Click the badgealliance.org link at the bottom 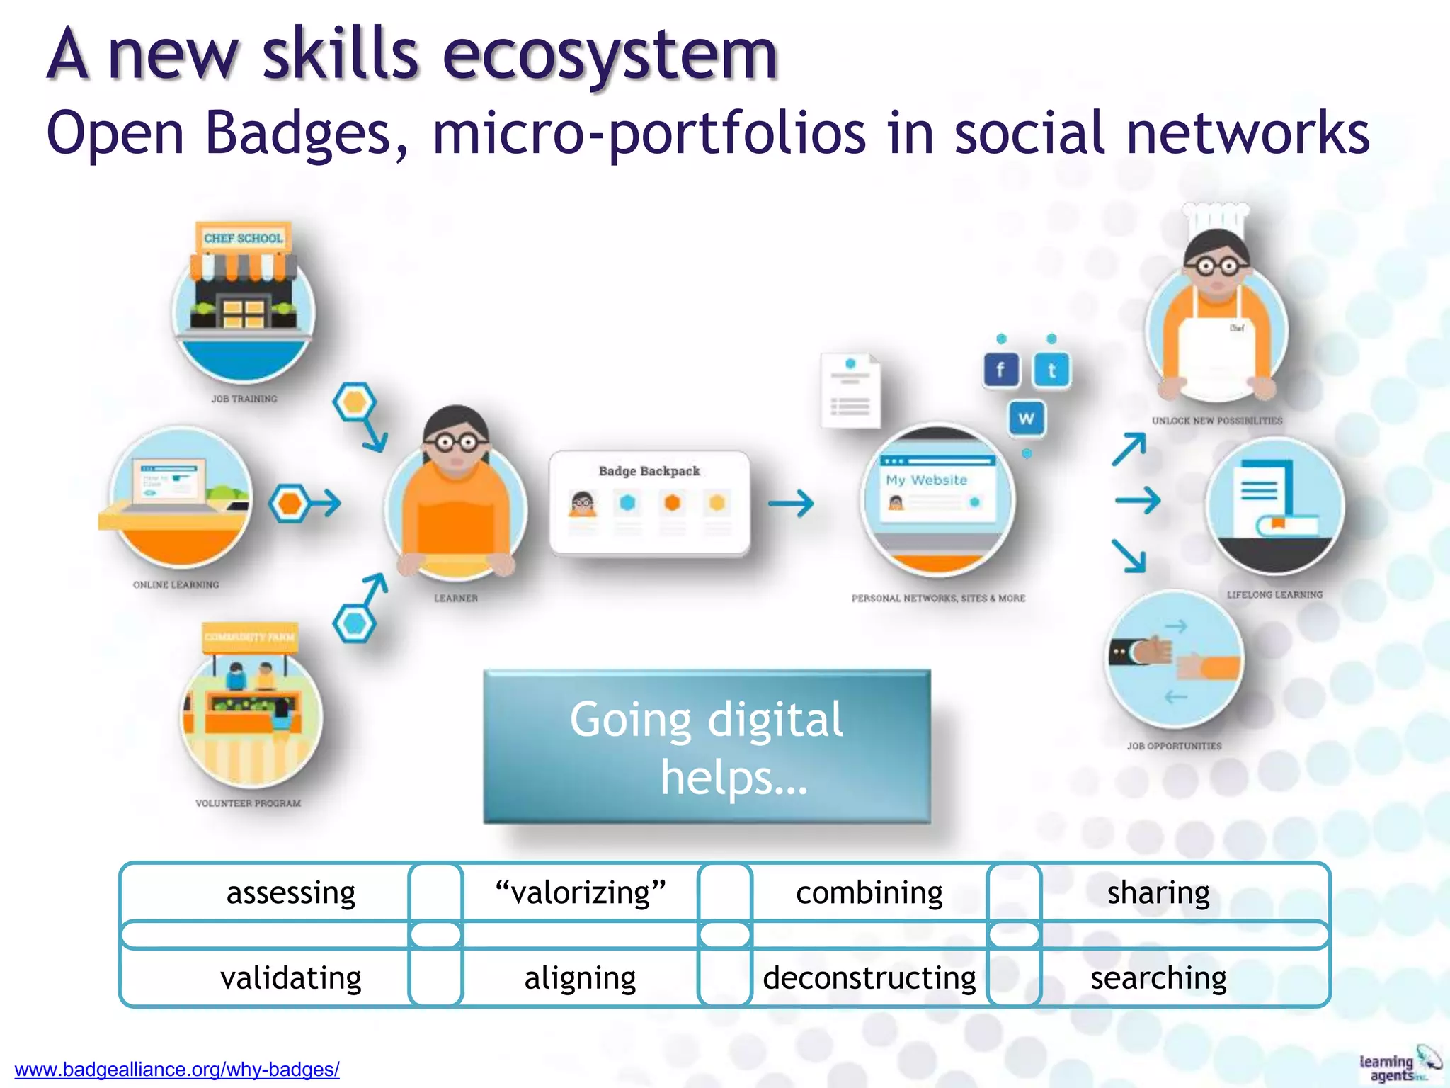point(177,1069)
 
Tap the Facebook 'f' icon point(1000,370)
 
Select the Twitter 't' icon point(1051,370)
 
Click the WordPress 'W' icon point(1026,419)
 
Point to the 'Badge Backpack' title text point(649,471)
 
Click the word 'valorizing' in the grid point(581,892)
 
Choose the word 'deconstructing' point(869,978)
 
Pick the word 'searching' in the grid point(1158,978)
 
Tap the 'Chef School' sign point(244,238)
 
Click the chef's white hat point(1216,218)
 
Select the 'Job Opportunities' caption point(1174,746)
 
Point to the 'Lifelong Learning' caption point(1274,595)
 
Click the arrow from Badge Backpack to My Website point(791,504)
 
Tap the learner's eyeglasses point(457,443)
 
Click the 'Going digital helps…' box point(707,747)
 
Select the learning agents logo point(1398,1067)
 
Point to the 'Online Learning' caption point(176,584)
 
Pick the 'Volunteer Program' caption point(248,803)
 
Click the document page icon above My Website point(850,391)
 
